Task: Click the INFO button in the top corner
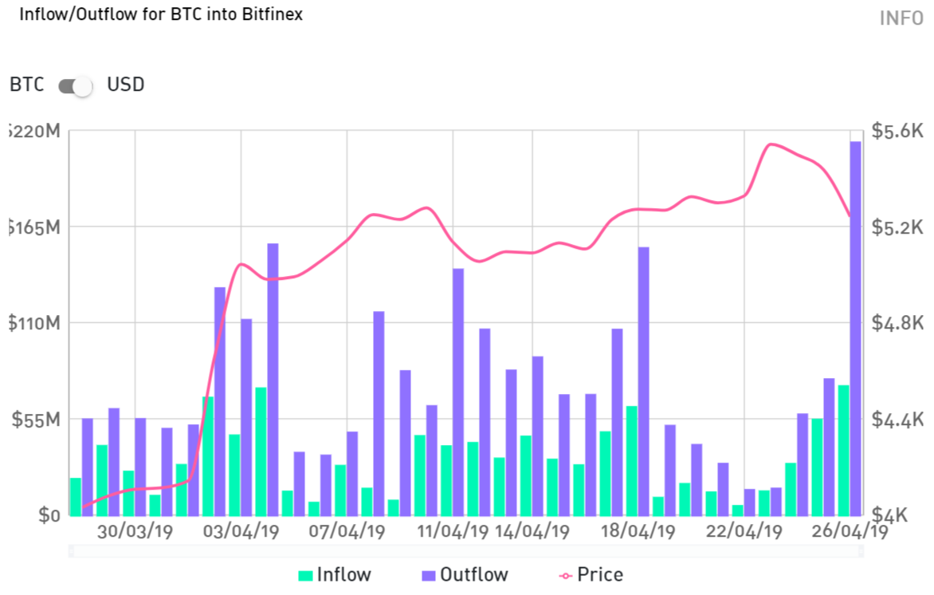pyautogui.click(x=901, y=18)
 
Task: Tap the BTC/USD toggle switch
pyautogui.click(x=76, y=85)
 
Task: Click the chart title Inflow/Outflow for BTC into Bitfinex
pyautogui.click(x=160, y=14)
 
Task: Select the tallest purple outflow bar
pyautogui.click(x=855, y=327)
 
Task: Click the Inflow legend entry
pyautogui.click(x=335, y=575)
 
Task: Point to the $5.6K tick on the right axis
pyautogui.click(x=897, y=132)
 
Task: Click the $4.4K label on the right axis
pyautogui.click(x=897, y=420)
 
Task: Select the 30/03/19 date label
pyautogui.click(x=135, y=531)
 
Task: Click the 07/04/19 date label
pyautogui.click(x=347, y=531)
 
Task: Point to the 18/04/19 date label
pyautogui.click(x=639, y=531)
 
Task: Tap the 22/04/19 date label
pyautogui.click(x=745, y=531)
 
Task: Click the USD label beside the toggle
pyautogui.click(x=126, y=85)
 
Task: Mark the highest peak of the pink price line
pyautogui.click(x=770, y=144)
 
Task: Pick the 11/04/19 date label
pyautogui.click(x=453, y=531)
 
